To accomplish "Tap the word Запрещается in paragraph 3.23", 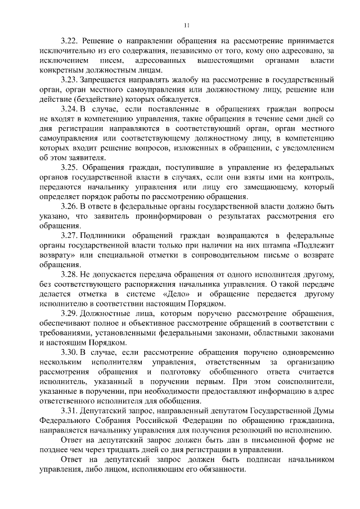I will (x=106, y=80).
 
